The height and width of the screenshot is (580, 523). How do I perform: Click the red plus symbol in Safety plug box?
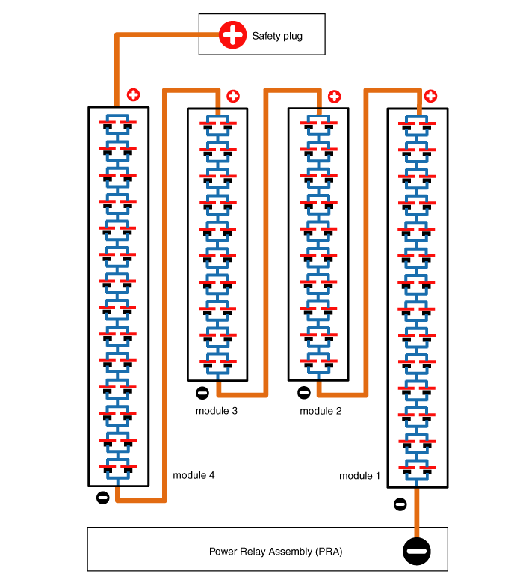[x=232, y=34]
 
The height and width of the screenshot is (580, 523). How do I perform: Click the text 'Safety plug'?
[x=277, y=35]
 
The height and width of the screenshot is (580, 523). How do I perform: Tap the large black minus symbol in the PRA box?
[x=417, y=552]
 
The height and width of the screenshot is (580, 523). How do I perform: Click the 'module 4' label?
[x=194, y=475]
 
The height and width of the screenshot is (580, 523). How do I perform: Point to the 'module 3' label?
[x=217, y=411]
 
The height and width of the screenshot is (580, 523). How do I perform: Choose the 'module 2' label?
[x=321, y=411]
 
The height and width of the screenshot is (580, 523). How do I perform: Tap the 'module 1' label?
[x=359, y=476]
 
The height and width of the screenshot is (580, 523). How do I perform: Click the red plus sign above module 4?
[x=133, y=95]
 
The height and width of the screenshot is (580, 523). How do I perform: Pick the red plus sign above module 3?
[x=233, y=96]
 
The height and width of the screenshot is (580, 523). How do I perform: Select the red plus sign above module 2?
[x=334, y=96]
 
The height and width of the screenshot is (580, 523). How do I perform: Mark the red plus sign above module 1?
[x=431, y=96]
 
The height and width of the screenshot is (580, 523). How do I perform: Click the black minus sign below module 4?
[x=103, y=497]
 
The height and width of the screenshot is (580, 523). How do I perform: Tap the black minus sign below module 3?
[x=202, y=393]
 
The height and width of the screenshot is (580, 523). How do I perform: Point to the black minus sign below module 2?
[x=303, y=392]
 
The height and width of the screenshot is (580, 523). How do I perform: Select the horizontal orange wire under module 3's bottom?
[x=241, y=392]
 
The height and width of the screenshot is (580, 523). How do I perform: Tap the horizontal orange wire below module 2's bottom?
[x=342, y=392]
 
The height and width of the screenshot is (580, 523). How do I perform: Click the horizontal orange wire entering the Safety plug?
[x=168, y=34]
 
